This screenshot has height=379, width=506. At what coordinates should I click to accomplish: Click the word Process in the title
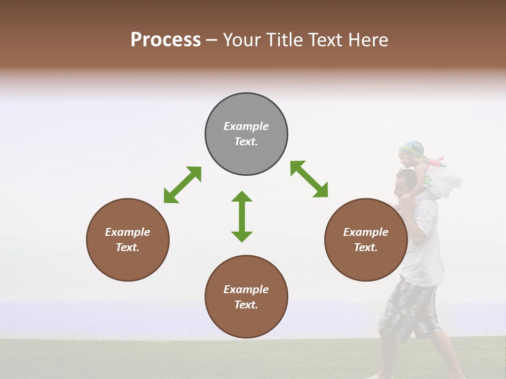coord(166,40)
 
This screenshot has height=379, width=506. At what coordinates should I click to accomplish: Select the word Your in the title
coord(243,40)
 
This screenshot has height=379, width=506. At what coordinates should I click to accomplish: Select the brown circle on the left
coord(128,263)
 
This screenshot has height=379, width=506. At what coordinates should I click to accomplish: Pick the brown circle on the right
coord(366,263)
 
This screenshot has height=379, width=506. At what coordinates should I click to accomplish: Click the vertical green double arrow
coord(242,216)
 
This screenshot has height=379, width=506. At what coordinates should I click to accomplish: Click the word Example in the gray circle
coord(246,126)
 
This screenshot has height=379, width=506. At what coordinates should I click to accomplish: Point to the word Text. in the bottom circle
coord(246,305)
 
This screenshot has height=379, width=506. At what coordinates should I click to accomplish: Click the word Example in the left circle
coord(128,232)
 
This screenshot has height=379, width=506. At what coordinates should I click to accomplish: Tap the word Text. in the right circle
coord(366,247)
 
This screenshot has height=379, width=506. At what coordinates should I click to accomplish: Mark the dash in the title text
coord(211,41)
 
